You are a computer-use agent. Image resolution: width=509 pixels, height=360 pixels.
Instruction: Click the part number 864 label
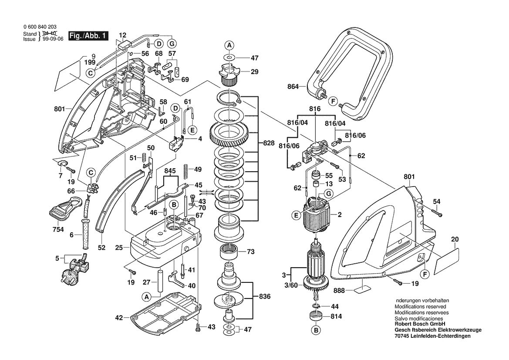pos(293,87)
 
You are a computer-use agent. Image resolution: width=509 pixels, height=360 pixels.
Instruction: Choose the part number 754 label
pos(58,230)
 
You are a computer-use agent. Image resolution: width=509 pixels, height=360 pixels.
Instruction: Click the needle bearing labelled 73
pos(229,252)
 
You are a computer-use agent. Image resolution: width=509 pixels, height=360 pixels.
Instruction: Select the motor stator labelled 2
pos(317,215)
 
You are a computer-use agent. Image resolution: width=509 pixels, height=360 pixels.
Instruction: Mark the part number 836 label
pos(264,296)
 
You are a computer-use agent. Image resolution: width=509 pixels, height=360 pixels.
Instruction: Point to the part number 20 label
pos(455,239)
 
